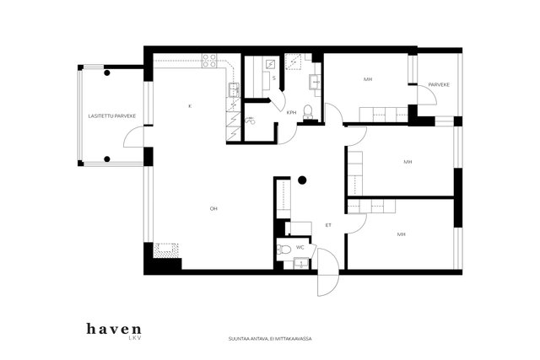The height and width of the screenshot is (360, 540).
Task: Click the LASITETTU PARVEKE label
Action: (112, 116)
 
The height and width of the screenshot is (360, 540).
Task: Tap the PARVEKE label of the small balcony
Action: (439, 84)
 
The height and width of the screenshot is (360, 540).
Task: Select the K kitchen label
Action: (189, 106)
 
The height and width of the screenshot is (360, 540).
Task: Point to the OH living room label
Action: (213, 208)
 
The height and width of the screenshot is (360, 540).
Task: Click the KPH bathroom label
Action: (291, 112)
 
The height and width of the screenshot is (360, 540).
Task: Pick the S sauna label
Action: (274, 78)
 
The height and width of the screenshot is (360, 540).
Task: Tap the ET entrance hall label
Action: (328, 225)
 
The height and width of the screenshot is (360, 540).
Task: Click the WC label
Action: (300, 248)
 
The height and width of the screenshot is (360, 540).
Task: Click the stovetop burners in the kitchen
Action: (209, 61)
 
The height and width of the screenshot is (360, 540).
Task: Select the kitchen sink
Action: (235, 90)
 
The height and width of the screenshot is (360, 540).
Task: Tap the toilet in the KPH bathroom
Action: (308, 112)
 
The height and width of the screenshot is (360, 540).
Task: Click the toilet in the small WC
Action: (284, 249)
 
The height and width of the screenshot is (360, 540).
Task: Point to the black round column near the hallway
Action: (302, 180)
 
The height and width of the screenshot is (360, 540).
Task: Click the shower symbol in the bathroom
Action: (251, 120)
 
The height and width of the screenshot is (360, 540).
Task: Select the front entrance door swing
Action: (328, 271)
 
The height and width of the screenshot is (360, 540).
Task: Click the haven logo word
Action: (114, 329)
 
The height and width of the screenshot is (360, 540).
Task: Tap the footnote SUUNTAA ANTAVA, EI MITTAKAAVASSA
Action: (270, 339)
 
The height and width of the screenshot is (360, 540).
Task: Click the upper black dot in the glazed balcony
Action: (107, 73)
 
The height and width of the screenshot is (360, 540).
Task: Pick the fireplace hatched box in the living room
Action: (166, 250)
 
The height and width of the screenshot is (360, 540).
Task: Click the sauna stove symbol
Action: (270, 64)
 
